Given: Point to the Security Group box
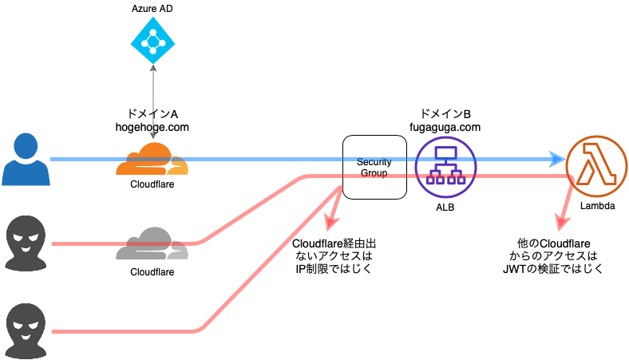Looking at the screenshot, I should click(x=374, y=167).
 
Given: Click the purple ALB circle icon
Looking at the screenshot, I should click(x=445, y=167).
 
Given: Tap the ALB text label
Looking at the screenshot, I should click(x=445, y=208).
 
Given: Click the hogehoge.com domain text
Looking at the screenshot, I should click(x=152, y=126).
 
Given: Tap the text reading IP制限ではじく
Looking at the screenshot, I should click(x=333, y=269).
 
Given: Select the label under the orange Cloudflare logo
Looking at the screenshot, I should click(x=152, y=184).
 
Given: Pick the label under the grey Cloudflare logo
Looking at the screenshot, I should click(x=152, y=271).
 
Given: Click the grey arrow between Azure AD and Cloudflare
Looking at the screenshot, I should click(x=152, y=88).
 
